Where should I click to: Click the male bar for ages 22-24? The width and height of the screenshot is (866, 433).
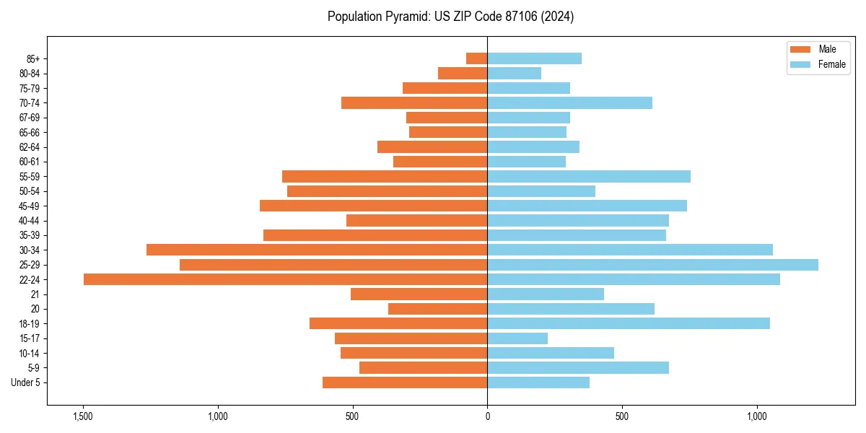click(x=285, y=279)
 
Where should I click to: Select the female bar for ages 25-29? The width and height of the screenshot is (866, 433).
click(x=652, y=265)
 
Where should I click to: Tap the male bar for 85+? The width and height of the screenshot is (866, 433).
click(x=477, y=58)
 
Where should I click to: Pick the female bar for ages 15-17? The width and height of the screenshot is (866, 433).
click(x=517, y=338)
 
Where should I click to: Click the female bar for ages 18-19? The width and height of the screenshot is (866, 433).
click(x=629, y=323)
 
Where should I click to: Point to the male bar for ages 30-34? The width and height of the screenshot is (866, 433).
click(x=317, y=250)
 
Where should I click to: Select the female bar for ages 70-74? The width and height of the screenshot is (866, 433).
click(x=569, y=102)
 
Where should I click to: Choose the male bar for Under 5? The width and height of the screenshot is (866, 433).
click(x=405, y=382)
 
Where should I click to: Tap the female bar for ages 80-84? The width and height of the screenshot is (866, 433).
click(x=514, y=73)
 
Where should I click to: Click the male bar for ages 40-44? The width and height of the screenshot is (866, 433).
click(x=417, y=220)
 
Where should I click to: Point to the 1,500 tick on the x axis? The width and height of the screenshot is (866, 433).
click(x=83, y=416)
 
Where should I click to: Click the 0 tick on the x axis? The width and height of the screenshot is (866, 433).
click(x=487, y=416)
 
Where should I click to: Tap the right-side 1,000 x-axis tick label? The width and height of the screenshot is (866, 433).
click(x=757, y=416)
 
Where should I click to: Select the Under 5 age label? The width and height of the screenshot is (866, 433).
click(x=25, y=382)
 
